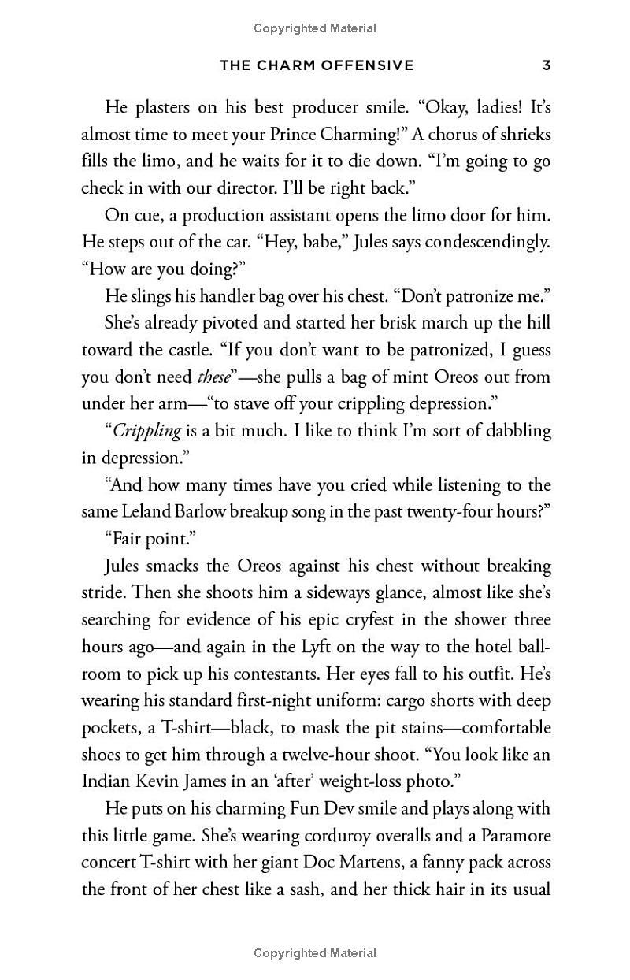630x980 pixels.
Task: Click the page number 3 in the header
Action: point(547,65)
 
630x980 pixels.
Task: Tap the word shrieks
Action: point(522,135)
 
